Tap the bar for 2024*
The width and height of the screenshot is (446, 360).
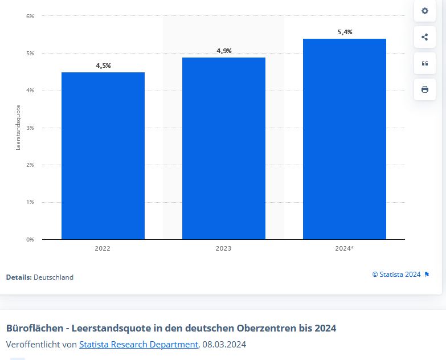click(x=345, y=139)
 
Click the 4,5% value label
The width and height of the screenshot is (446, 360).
click(x=103, y=66)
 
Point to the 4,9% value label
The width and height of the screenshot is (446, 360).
click(x=224, y=51)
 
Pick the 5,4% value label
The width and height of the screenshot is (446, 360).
click(x=345, y=32)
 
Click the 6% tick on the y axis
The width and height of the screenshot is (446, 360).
click(x=30, y=16)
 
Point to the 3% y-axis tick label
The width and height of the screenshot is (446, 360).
click(x=30, y=128)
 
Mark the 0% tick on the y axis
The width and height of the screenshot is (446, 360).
click(x=30, y=239)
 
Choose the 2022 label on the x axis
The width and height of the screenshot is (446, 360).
click(x=103, y=248)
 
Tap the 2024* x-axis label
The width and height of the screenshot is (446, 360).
click(x=345, y=248)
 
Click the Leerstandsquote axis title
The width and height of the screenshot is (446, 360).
click(x=18, y=128)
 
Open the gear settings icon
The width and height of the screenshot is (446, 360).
click(x=424, y=11)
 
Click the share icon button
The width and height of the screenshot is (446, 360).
click(x=424, y=37)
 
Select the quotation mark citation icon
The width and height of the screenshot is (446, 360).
click(x=424, y=63)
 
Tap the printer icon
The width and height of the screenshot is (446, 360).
click(x=424, y=89)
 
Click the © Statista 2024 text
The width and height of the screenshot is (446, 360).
click(x=396, y=275)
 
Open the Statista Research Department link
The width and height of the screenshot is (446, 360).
click(x=138, y=344)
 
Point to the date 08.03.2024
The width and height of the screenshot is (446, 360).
click(x=224, y=344)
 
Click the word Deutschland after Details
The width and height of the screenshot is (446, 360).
click(x=54, y=277)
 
